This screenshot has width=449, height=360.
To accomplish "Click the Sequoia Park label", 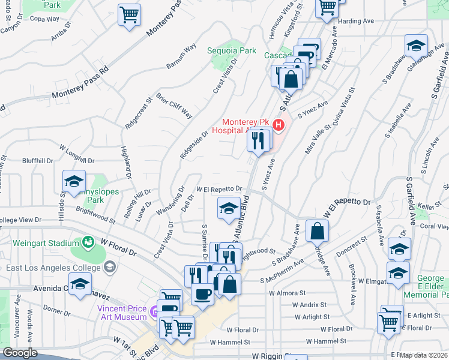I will (232, 51).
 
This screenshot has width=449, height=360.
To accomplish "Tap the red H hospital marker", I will (278, 125).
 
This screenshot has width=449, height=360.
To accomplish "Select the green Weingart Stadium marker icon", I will (88, 242).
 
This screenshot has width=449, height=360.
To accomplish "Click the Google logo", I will (20, 353).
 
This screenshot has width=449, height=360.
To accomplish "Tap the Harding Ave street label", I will (357, 21).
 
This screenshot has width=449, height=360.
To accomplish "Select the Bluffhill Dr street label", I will (38, 161).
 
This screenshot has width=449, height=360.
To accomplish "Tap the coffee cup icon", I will (202, 294).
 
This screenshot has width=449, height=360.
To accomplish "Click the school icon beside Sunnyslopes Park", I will (74, 181).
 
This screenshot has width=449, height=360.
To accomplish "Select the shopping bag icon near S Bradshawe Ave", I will (317, 230).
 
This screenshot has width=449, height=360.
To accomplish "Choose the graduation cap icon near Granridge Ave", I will (416, 46).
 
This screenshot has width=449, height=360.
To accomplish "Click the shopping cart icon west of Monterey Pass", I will (129, 14).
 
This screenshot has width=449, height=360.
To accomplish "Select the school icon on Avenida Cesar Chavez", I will (80, 284).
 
